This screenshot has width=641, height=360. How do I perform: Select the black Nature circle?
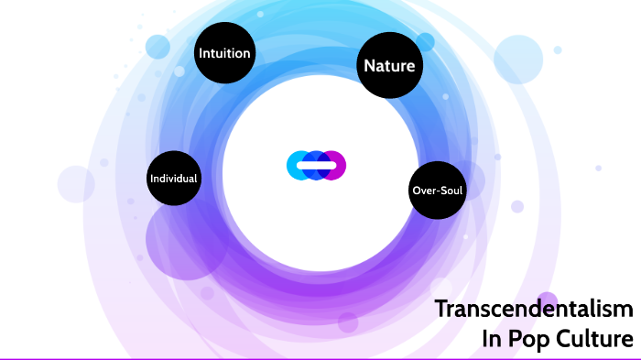[389, 65]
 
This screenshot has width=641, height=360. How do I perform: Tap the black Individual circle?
[174, 177]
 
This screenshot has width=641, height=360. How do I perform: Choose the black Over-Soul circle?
[437, 191]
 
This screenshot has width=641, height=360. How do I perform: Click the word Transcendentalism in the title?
[533, 309]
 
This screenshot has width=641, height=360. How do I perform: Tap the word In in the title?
[492, 339]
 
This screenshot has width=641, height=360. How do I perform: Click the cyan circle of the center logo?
[298, 165]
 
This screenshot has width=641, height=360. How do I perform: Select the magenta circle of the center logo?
[335, 165]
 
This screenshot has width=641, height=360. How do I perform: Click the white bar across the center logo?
[316, 165]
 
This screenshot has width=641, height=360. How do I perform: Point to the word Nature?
[389, 66]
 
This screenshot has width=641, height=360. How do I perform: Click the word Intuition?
[224, 53]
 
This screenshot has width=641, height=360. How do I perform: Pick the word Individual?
[174, 177]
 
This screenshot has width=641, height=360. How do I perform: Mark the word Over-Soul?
[437, 191]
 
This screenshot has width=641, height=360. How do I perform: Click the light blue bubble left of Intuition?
[158, 47]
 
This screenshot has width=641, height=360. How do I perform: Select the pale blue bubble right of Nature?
[519, 59]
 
